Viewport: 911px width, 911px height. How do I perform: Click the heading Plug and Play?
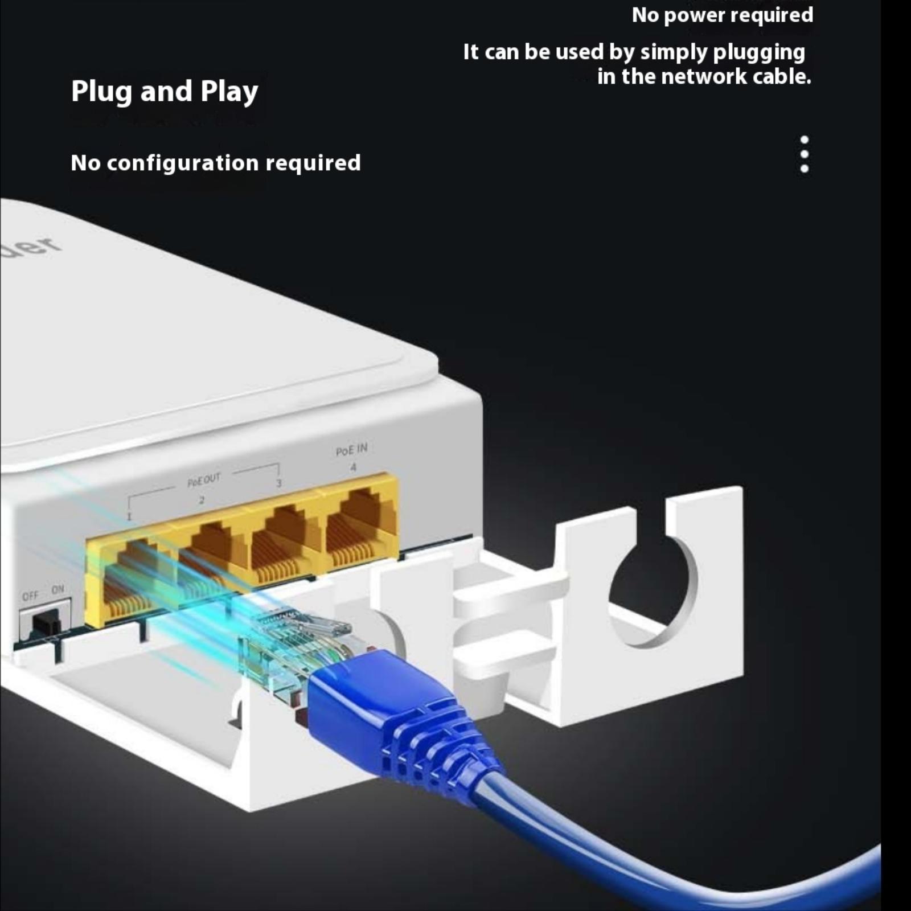165,92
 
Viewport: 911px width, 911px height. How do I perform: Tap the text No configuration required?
215,163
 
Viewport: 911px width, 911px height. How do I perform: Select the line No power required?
722,15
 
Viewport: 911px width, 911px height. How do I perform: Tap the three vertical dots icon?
804,154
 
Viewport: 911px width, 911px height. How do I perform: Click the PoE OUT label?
203,480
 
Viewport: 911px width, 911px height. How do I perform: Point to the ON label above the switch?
58,589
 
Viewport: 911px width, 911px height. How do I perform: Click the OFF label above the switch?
30,596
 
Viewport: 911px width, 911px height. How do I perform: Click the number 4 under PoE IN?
353,467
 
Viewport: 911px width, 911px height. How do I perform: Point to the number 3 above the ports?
278,483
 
